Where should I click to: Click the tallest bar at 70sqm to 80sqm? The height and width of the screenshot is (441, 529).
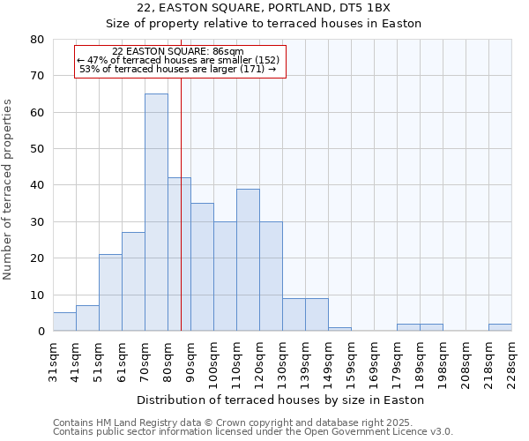point(156,212)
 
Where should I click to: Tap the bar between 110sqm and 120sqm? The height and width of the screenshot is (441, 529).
point(248,260)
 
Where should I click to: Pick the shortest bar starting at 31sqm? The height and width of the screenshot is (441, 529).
point(64,322)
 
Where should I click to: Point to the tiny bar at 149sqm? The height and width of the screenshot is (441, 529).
point(339,329)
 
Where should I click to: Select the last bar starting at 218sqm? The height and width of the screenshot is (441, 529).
point(500,327)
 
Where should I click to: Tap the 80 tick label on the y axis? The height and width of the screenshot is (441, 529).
point(37,40)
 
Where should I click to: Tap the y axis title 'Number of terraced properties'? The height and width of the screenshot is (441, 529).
point(8,190)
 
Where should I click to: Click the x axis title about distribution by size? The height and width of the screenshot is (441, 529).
point(282,400)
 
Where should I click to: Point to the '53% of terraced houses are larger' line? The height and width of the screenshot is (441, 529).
point(178,69)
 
